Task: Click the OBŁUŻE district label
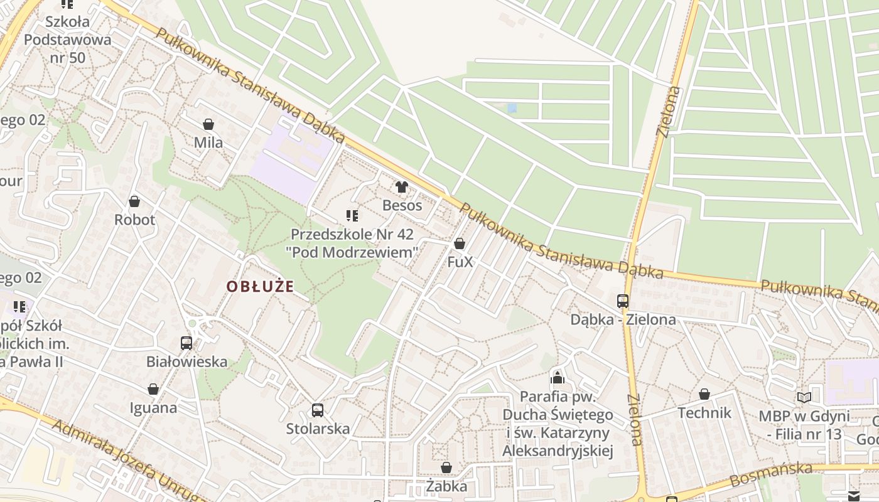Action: [x=260, y=287]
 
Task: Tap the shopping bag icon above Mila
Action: [x=208, y=125]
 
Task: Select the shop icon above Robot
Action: [x=134, y=201]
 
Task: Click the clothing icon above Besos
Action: [x=402, y=187]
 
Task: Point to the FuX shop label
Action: [x=460, y=262]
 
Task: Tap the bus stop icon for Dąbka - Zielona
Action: [x=623, y=301]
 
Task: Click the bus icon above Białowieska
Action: [x=186, y=343]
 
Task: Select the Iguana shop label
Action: [x=153, y=408]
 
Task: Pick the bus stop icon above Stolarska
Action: [x=318, y=410]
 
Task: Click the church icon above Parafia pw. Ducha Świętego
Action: [x=558, y=378]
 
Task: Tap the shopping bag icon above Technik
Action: [x=704, y=394]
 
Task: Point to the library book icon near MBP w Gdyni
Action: [x=804, y=397]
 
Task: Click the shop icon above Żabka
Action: [x=446, y=467]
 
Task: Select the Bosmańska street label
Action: [x=771, y=474]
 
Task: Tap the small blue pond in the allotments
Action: [x=512, y=108]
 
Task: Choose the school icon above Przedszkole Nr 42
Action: [x=352, y=216]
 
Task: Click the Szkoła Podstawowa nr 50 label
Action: [x=67, y=40]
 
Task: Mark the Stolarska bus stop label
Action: [x=318, y=429]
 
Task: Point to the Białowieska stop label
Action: [x=186, y=362]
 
